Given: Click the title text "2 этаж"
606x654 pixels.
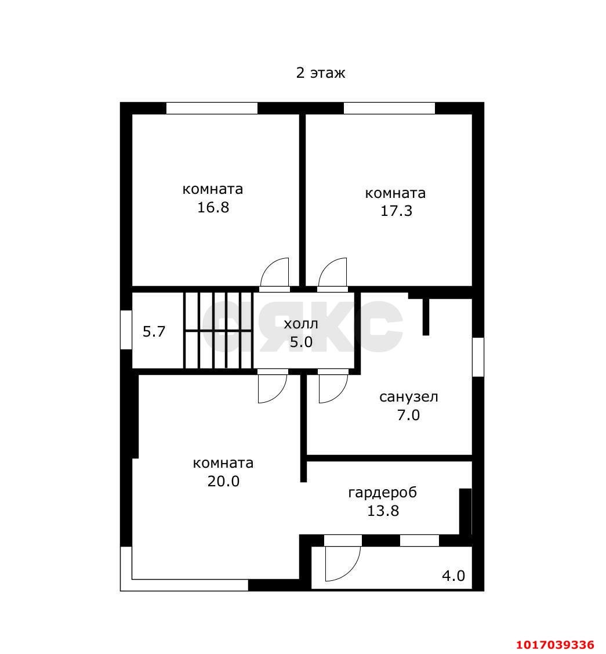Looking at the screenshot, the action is (x=321, y=73).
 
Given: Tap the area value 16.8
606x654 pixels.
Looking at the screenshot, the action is (x=213, y=207).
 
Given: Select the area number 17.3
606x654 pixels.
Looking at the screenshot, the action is (x=396, y=211).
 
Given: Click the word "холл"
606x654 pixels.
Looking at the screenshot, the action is (x=301, y=324).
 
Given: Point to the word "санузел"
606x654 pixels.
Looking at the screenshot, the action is (x=409, y=397).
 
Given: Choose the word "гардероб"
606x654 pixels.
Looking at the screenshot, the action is (x=383, y=493).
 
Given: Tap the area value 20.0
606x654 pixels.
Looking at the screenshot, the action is (x=223, y=481).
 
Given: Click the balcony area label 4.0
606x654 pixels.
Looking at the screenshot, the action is (x=453, y=576).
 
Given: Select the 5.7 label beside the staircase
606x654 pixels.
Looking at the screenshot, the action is (x=154, y=331).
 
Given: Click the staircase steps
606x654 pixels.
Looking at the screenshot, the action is (x=219, y=330).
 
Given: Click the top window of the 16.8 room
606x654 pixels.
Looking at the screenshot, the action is (x=212, y=108).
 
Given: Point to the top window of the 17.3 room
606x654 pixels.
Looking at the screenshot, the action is (x=389, y=108).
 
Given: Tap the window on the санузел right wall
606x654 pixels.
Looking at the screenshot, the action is (x=478, y=357).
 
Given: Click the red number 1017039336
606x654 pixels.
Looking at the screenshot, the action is (x=556, y=645).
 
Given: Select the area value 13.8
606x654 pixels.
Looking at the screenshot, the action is (x=383, y=511).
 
